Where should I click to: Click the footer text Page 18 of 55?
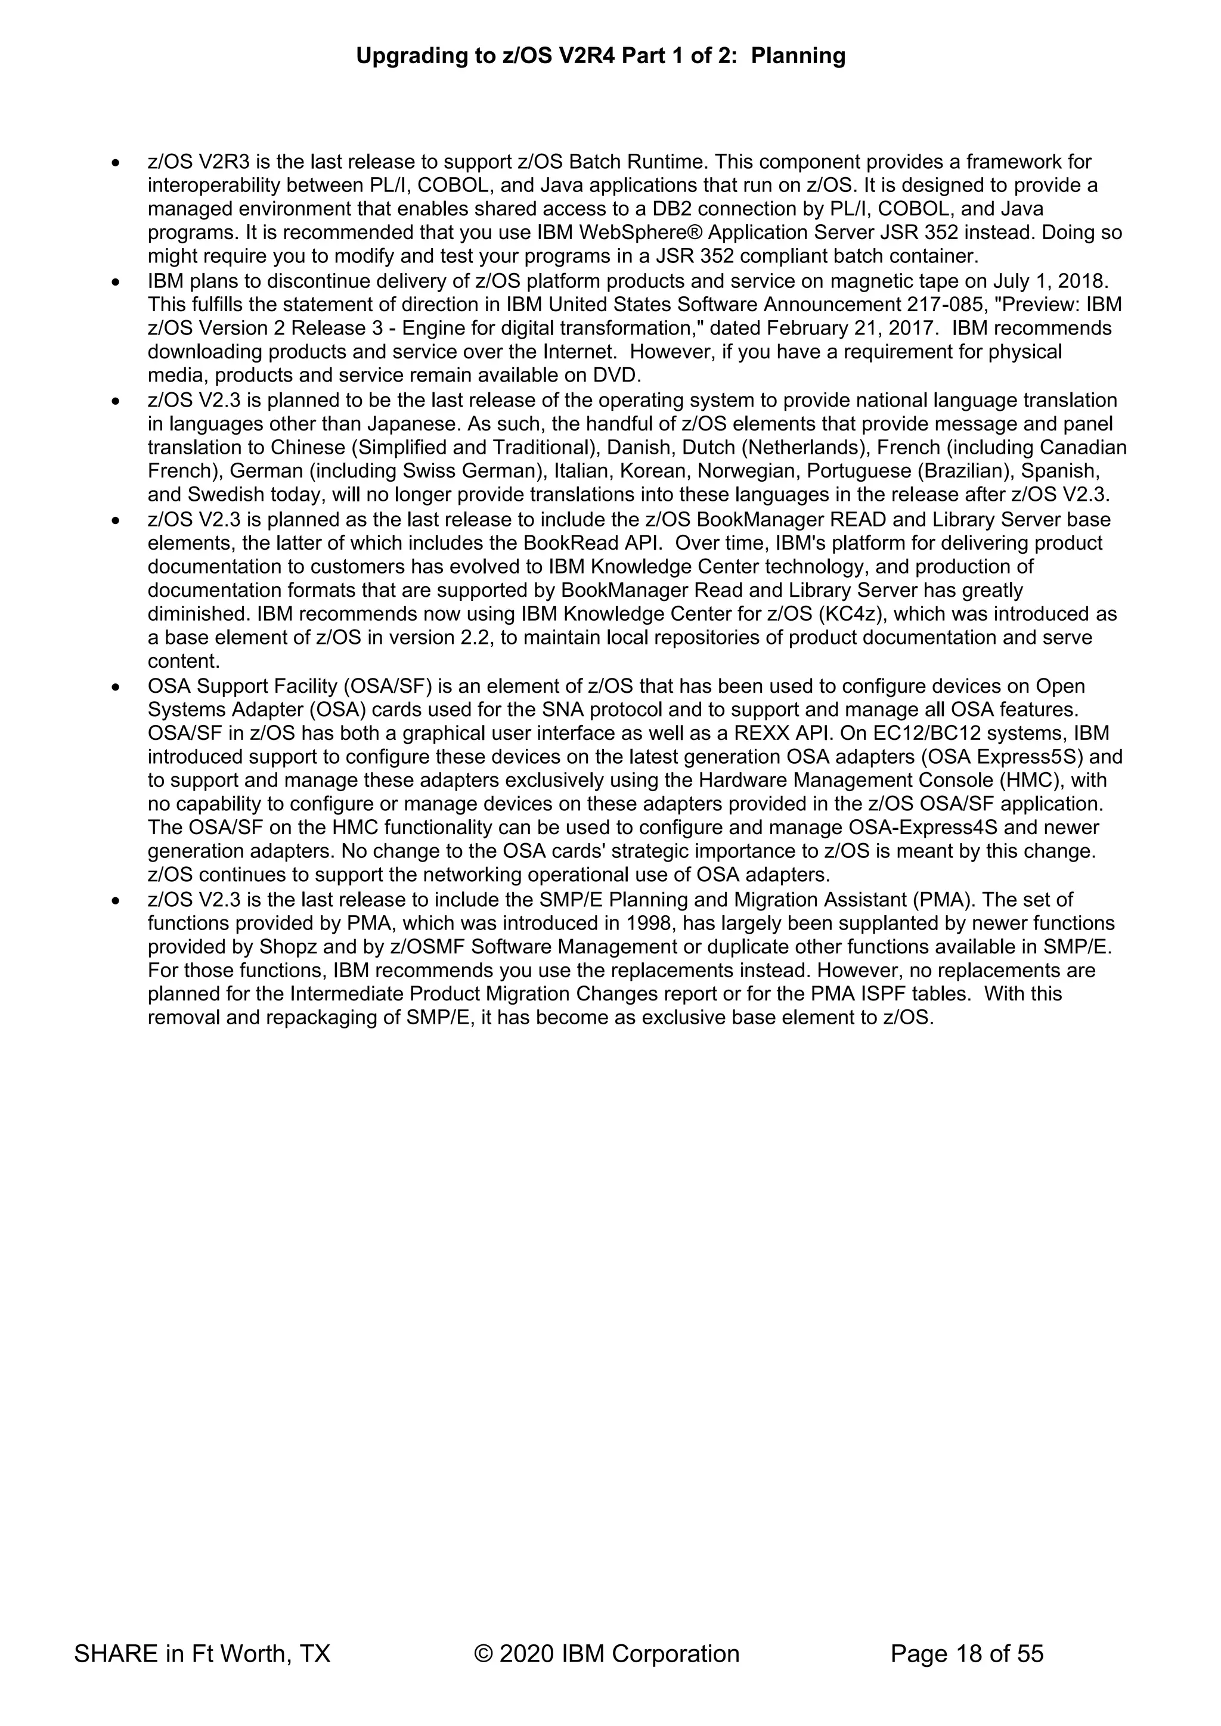tap(967, 1653)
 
